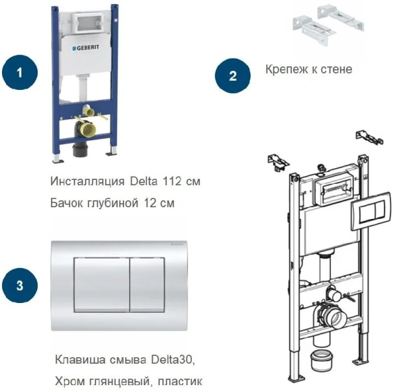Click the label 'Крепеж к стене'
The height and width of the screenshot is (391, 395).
(309, 68)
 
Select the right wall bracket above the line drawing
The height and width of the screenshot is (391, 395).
(367, 138)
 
